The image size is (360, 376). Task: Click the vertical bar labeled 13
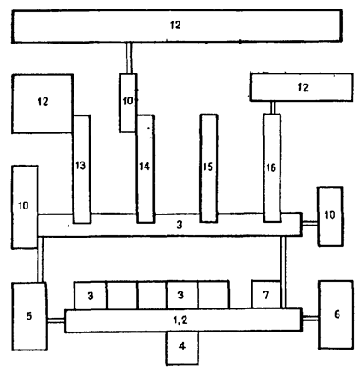pos(82,169)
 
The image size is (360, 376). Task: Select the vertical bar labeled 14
pos(145,169)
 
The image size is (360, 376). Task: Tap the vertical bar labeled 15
pos(209,168)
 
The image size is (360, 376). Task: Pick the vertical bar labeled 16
pos(272,168)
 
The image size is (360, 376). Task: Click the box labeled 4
pos(182,348)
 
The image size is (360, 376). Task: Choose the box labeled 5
pos(29,316)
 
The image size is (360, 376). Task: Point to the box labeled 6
pos(336,314)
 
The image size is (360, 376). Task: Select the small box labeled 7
pos(266,295)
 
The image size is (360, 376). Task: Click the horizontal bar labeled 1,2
pos(183,320)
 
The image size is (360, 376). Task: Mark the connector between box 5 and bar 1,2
pos(56,320)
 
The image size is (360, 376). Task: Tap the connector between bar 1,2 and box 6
pos(310,319)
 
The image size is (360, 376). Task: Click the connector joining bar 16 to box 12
pos(273,108)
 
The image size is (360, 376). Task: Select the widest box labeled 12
pos(177,26)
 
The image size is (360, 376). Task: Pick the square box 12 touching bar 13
pos(42,104)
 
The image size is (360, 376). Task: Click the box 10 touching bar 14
pos(127,103)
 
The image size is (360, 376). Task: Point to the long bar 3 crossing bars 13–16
pos(169,225)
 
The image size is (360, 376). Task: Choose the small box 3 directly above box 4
pos(181,295)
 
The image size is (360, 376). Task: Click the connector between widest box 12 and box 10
pos(129,58)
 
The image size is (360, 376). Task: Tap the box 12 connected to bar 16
pos(302,87)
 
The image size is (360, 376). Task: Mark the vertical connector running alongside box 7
pos(284,273)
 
